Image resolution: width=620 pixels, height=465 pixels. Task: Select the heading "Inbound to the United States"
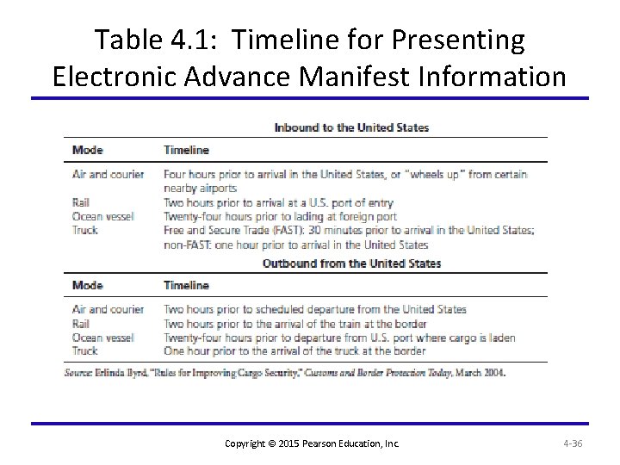pyautogui.click(x=351, y=127)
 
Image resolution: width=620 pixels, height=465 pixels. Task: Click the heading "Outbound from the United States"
pyautogui.click(x=351, y=263)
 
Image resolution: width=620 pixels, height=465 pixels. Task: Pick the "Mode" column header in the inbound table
pyautogui.click(x=88, y=150)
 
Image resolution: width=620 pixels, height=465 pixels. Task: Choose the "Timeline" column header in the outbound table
pyautogui.click(x=186, y=285)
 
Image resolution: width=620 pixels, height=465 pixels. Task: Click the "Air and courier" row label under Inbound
pyautogui.click(x=108, y=174)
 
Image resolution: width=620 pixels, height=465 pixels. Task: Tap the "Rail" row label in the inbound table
pyautogui.click(x=81, y=202)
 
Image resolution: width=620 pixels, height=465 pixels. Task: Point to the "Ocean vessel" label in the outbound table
pyautogui.click(x=103, y=338)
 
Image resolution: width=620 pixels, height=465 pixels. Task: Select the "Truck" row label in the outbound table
pyautogui.click(x=85, y=351)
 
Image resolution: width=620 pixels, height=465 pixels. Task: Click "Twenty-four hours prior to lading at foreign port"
pyautogui.click(x=280, y=216)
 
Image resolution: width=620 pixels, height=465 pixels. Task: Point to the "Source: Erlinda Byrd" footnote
pyautogui.click(x=285, y=373)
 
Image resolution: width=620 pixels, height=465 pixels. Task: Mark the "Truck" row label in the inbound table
pyautogui.click(x=85, y=230)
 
